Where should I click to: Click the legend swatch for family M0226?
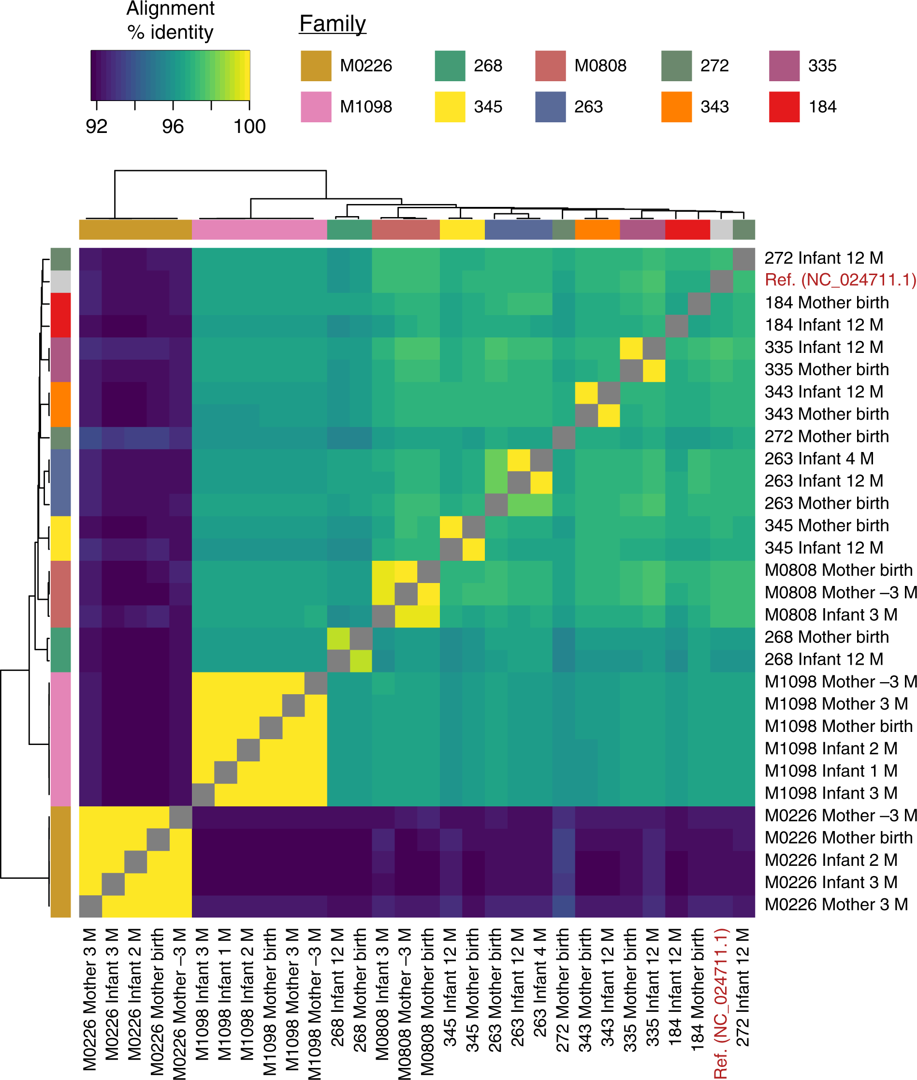click(x=316, y=66)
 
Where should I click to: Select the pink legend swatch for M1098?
click(x=316, y=106)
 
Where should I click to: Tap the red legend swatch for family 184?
click(x=784, y=106)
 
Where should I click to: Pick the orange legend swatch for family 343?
click(x=676, y=106)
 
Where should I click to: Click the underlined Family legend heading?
click(x=333, y=24)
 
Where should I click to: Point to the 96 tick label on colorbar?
click(x=173, y=126)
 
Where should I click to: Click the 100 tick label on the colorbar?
click(x=249, y=126)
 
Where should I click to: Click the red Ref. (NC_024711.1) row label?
click(x=840, y=280)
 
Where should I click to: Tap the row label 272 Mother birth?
click(x=827, y=436)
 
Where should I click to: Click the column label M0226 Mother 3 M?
click(x=90, y=998)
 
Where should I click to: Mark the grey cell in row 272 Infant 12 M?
click(x=743, y=259)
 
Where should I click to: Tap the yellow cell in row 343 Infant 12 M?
click(x=586, y=392)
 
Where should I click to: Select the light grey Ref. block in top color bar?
click(x=721, y=229)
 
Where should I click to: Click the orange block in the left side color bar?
click(x=60, y=404)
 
